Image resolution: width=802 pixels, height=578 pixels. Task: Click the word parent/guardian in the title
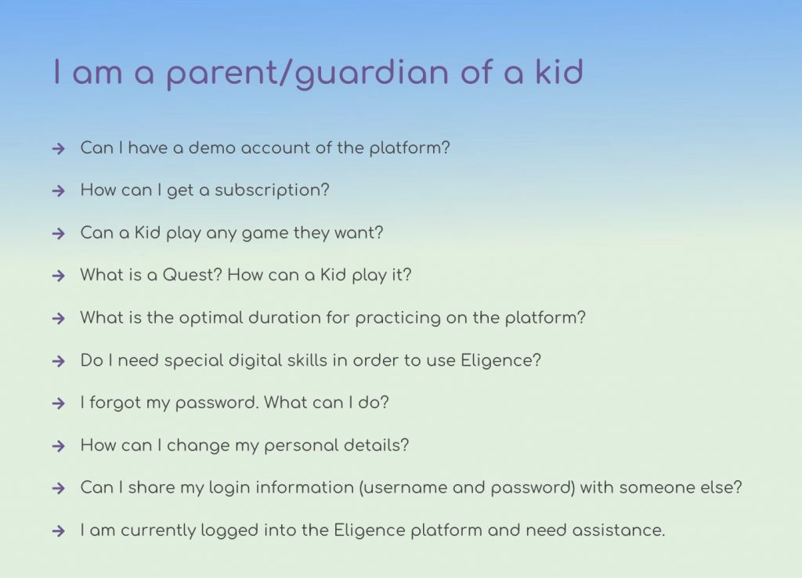(308, 74)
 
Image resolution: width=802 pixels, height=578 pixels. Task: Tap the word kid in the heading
(559, 71)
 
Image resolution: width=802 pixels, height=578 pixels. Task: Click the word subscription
(272, 191)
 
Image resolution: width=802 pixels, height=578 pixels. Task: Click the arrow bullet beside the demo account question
(59, 149)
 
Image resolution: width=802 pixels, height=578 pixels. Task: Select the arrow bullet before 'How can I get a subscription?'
(59, 191)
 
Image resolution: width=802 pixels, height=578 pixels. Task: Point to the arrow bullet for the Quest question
(59, 276)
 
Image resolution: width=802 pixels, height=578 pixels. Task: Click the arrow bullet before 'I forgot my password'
(59, 403)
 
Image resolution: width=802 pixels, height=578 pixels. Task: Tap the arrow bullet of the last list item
(59, 531)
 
